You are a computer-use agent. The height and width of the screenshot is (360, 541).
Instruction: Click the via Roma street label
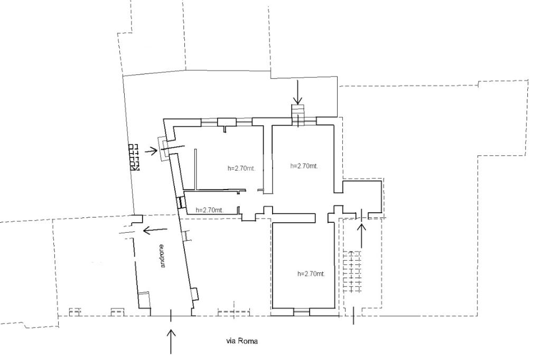(x=242, y=341)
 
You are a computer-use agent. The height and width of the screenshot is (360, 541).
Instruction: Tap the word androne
(x=163, y=256)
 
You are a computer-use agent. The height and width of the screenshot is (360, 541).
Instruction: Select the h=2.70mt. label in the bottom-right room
(x=311, y=274)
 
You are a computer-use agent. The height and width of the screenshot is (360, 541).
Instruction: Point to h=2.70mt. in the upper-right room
(x=304, y=166)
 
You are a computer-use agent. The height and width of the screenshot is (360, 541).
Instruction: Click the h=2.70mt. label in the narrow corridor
(x=209, y=210)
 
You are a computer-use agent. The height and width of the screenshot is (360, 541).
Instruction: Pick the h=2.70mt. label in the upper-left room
(x=241, y=168)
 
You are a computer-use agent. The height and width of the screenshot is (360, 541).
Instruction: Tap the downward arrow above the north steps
(x=297, y=92)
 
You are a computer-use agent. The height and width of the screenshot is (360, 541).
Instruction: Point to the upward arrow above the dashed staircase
(x=361, y=235)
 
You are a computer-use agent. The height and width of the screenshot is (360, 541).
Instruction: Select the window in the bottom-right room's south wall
(x=302, y=312)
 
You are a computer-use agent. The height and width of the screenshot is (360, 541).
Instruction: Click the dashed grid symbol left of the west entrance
(x=135, y=157)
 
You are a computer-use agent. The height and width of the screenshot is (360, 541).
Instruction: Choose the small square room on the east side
(x=362, y=197)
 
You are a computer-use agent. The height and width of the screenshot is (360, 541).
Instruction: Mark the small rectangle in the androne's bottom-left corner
(x=144, y=300)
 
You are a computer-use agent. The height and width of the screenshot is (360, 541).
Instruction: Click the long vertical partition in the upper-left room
(x=195, y=169)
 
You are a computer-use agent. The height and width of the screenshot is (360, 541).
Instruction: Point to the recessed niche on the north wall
(x=227, y=122)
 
